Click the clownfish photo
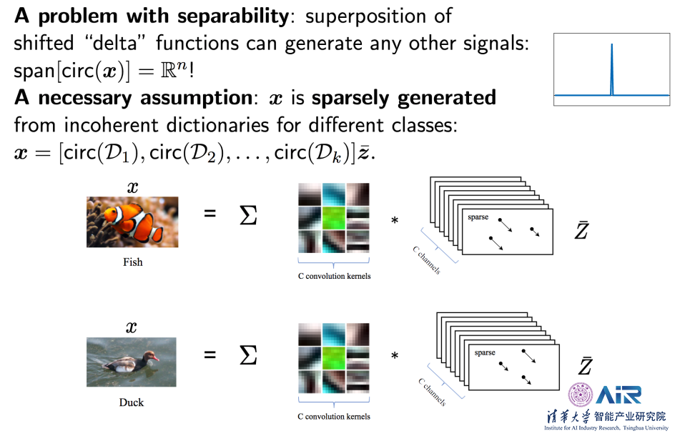[132, 222]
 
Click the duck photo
[132, 362]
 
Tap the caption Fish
[133, 262]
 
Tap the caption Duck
[132, 402]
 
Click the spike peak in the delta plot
[611, 46]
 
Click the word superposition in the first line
[370, 15]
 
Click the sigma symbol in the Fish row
[247, 216]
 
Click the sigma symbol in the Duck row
[247, 355]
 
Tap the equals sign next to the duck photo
[210, 355]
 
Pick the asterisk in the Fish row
[394, 221]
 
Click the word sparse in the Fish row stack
[478, 215]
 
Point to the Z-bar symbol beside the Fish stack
[581, 230]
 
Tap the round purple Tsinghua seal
[581, 395]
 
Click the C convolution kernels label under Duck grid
[334, 416]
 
